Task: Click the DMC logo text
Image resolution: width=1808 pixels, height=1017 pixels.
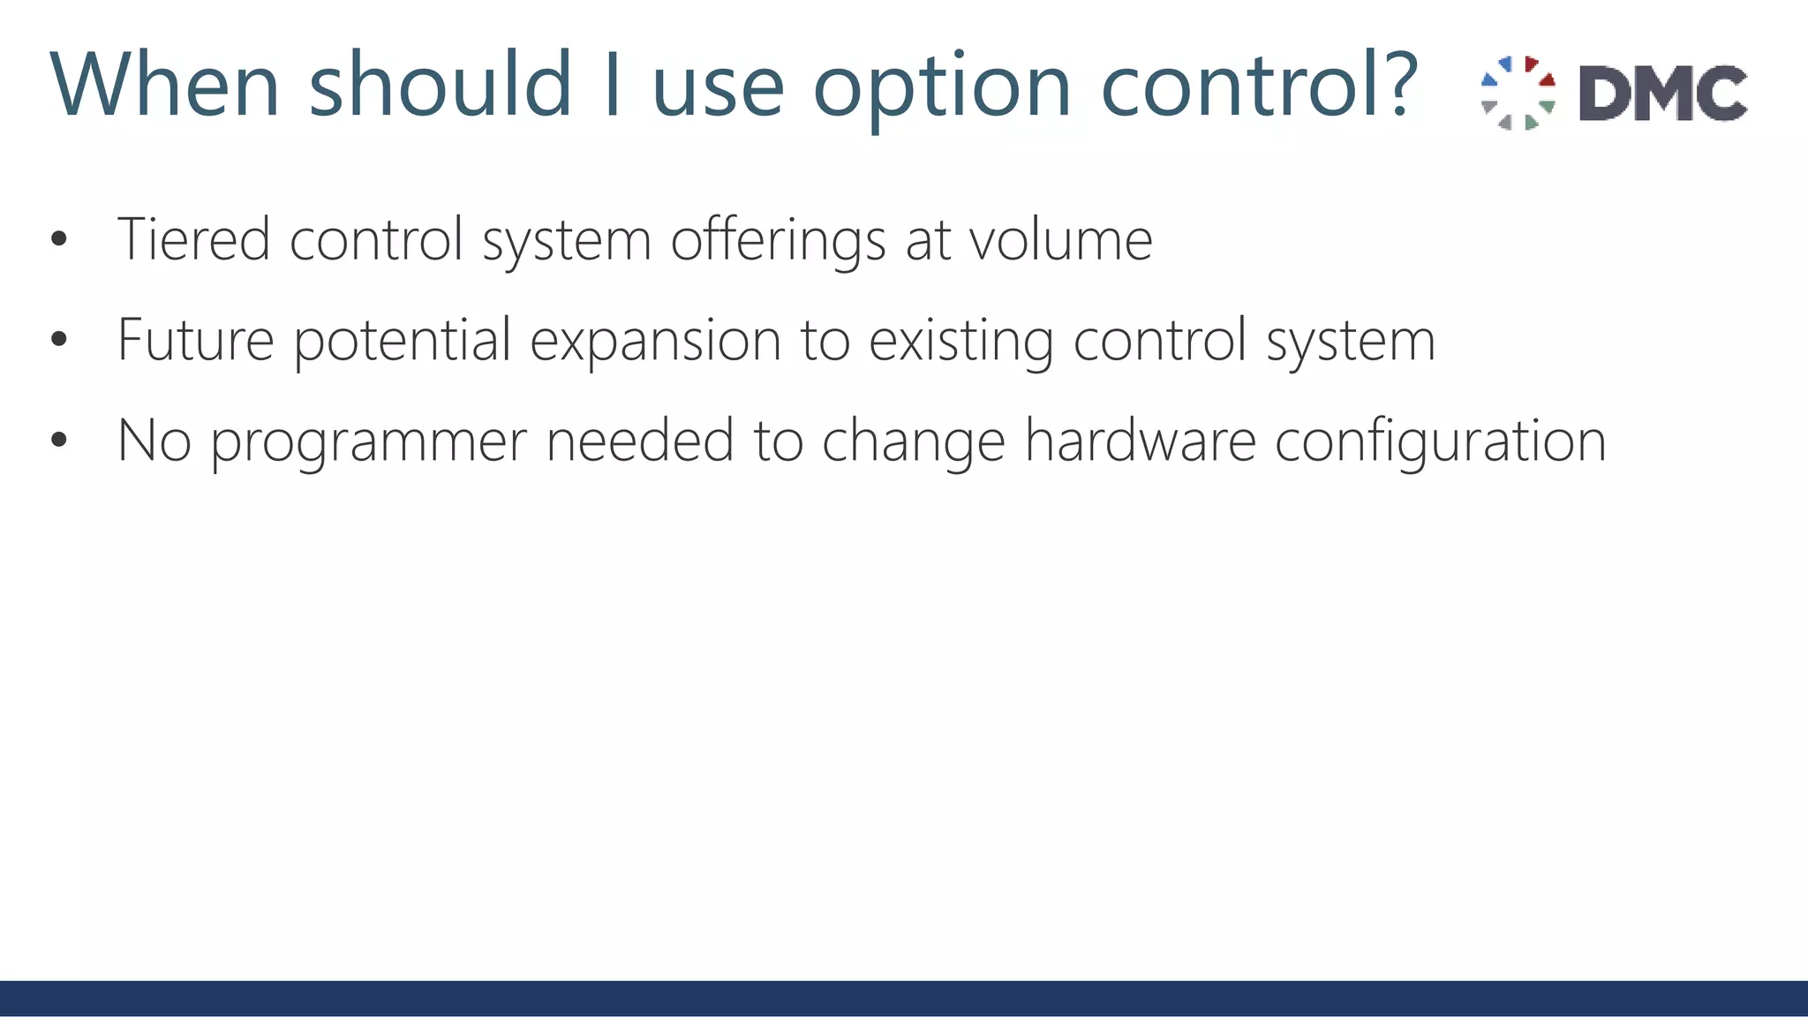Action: [x=1662, y=93]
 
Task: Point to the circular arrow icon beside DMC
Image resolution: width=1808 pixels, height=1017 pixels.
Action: [x=1518, y=93]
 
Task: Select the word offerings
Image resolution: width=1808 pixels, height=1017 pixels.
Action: [x=778, y=240]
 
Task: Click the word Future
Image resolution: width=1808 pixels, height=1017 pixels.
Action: [x=195, y=339]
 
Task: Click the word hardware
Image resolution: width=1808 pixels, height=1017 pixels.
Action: [x=1140, y=440]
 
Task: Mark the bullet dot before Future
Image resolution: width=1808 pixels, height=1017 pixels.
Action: [x=59, y=339]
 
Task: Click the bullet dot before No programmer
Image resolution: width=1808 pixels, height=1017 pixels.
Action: [x=59, y=440]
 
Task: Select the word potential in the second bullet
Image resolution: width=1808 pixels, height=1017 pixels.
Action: [x=402, y=341]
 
